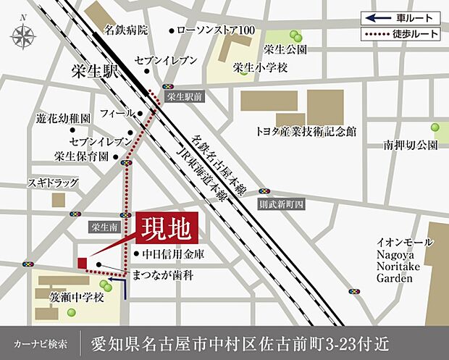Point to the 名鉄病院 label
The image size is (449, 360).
click(x=125, y=30)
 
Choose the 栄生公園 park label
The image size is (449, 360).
click(x=285, y=50)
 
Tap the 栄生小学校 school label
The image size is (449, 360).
click(x=260, y=67)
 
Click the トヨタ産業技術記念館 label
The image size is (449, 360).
click(x=306, y=132)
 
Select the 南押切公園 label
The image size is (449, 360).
click(x=411, y=145)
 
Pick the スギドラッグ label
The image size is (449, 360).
click(x=52, y=183)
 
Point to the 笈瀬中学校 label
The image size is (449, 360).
click(x=77, y=297)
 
